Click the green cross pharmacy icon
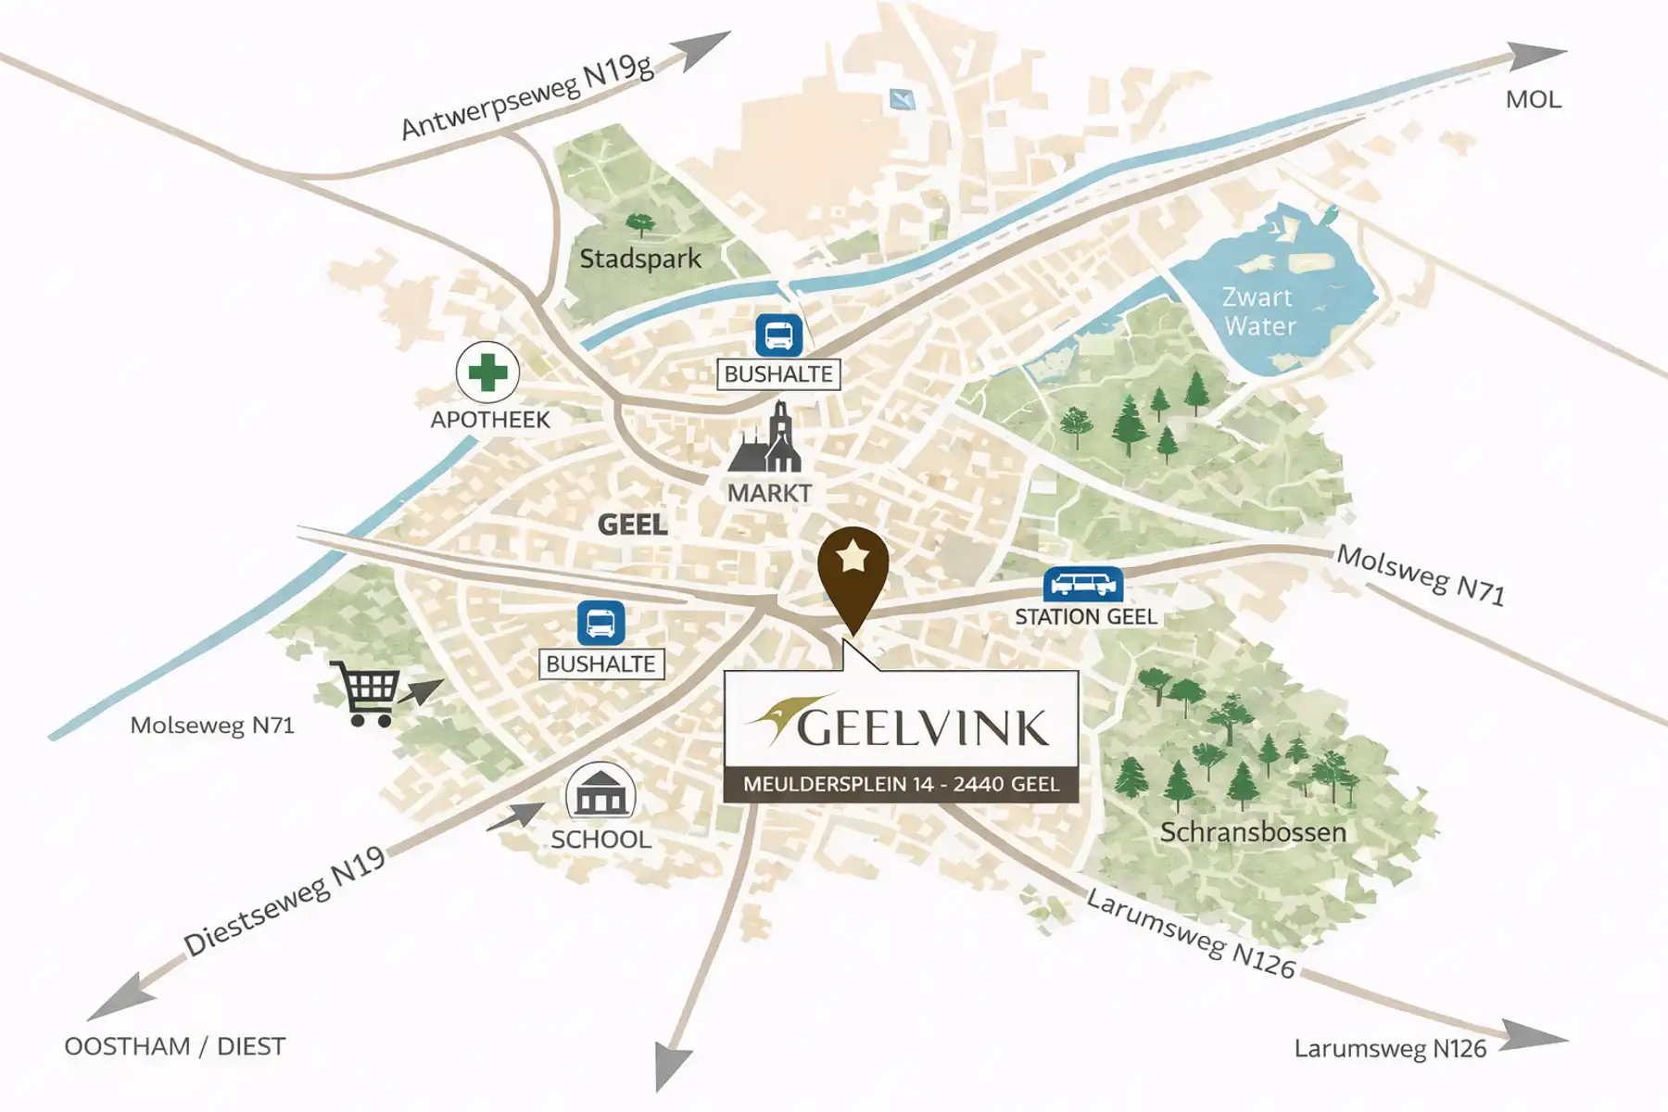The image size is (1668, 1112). (x=487, y=373)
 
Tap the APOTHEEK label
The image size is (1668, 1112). (x=490, y=420)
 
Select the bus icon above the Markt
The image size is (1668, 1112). (x=778, y=335)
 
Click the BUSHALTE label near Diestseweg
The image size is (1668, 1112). (x=600, y=664)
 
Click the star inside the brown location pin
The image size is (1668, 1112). (x=853, y=558)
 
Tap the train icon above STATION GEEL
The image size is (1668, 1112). (x=1082, y=585)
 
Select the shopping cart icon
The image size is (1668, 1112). (x=370, y=692)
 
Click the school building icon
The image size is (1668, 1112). (x=600, y=792)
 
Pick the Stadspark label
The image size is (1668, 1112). (x=640, y=259)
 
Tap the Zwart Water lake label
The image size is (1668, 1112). (x=1258, y=311)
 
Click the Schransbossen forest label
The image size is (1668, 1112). (x=1253, y=832)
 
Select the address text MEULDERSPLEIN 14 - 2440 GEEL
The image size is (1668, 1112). (x=901, y=785)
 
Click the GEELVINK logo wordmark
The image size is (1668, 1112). (x=921, y=727)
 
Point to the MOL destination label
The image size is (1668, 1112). (x=1533, y=100)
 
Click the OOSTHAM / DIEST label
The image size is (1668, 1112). (x=174, y=1046)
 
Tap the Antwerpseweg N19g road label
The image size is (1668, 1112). (x=526, y=97)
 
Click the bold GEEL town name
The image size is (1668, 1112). (x=632, y=524)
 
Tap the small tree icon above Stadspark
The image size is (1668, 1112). (x=638, y=224)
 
